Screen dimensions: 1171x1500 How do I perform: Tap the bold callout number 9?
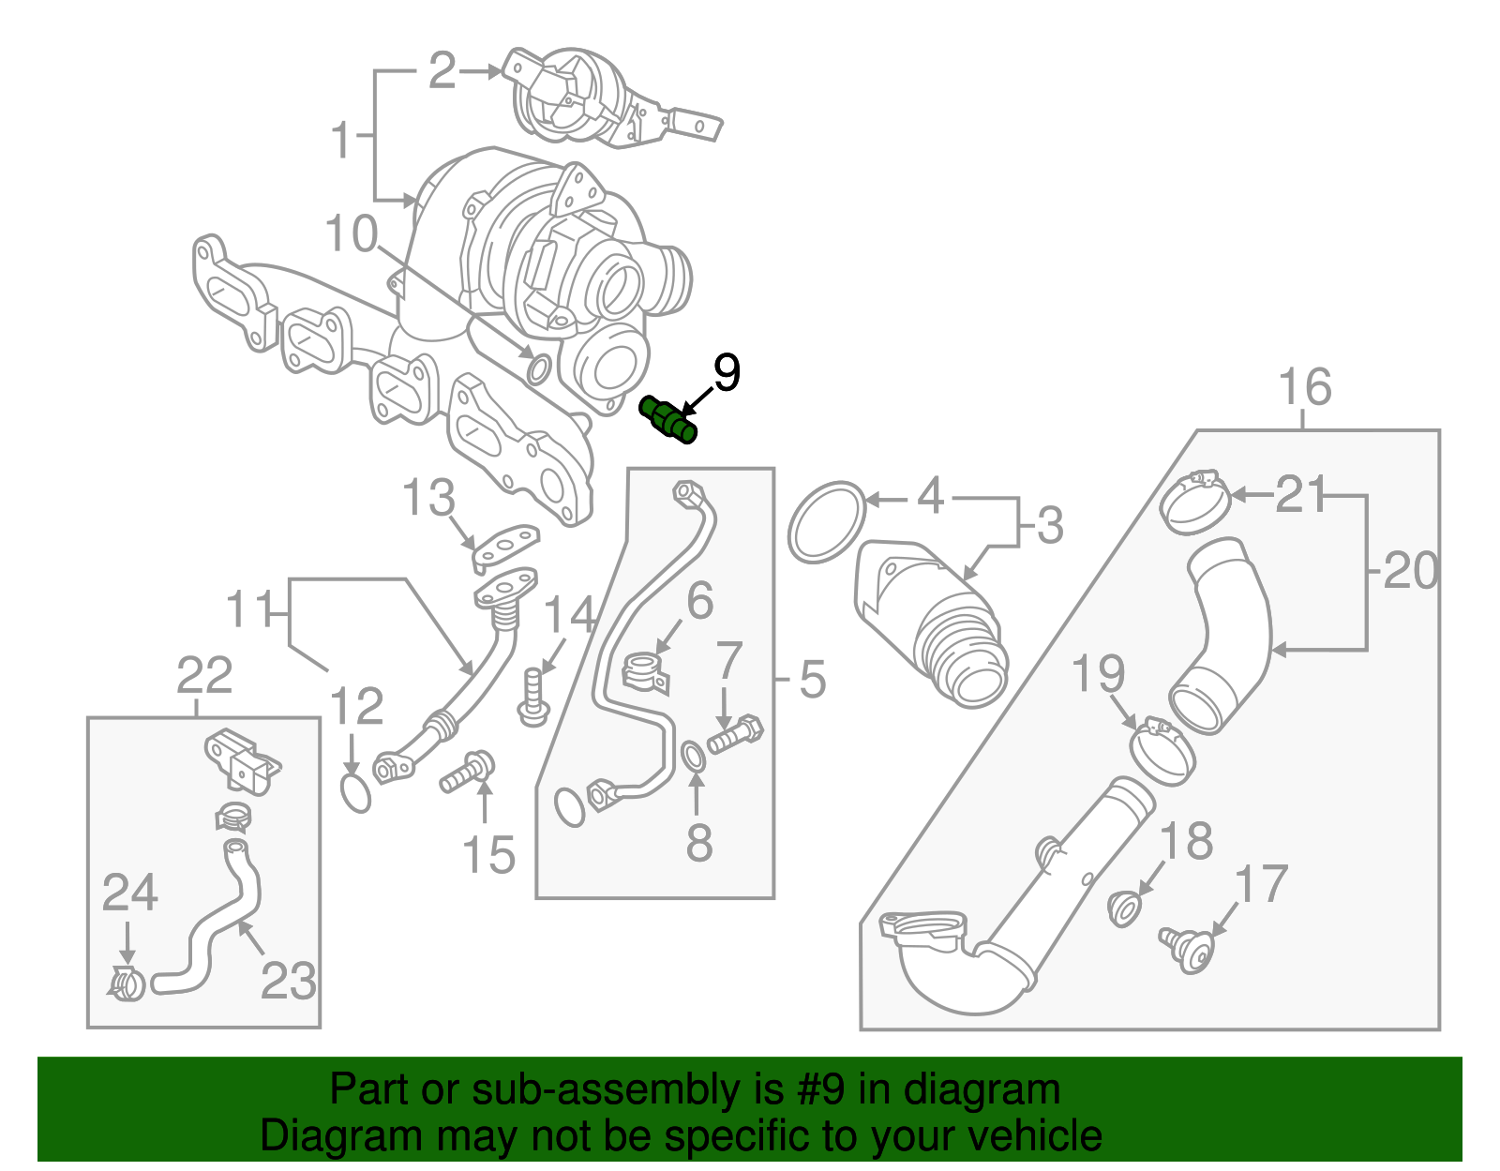(727, 373)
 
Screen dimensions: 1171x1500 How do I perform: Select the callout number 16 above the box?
(1304, 387)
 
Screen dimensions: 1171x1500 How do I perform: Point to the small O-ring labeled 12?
(355, 792)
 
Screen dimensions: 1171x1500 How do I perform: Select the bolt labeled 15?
(467, 771)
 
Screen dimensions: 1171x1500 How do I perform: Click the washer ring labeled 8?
(692, 756)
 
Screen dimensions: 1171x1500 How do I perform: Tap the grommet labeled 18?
(1123, 908)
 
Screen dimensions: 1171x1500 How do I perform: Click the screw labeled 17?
(1186, 949)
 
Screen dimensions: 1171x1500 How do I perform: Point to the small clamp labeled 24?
(127, 983)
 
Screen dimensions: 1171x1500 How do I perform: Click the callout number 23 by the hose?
(288, 981)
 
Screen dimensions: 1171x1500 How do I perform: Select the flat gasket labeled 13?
(506, 546)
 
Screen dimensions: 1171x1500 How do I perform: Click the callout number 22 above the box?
(204, 675)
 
